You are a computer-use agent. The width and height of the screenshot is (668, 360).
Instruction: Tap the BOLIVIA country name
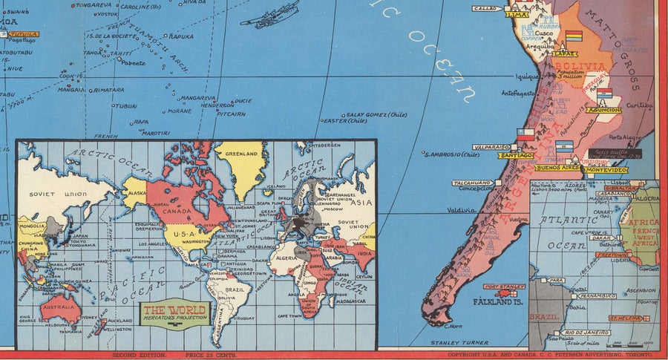click(x=580, y=66)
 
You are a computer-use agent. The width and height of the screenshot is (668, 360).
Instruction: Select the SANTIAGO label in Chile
click(x=516, y=155)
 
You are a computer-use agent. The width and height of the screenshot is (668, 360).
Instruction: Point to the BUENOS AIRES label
click(x=557, y=168)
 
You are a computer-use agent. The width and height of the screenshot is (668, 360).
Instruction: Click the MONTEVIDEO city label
click(x=606, y=169)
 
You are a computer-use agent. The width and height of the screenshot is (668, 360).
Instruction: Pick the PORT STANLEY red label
click(x=504, y=287)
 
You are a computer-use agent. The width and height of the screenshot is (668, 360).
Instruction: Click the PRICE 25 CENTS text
click(x=211, y=355)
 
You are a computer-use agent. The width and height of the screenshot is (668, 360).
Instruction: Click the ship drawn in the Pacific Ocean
click(x=269, y=15)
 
